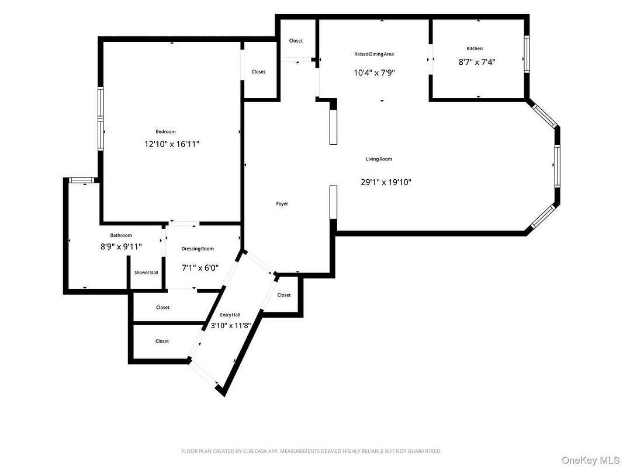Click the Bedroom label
(x=165, y=131)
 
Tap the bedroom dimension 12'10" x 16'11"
(x=172, y=144)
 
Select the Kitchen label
(x=475, y=48)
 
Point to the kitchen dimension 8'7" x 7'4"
(x=477, y=62)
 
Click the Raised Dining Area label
(x=374, y=54)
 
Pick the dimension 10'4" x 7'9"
(x=374, y=73)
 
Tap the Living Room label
(x=379, y=159)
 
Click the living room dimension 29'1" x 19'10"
(x=386, y=182)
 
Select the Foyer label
(x=282, y=204)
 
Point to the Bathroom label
(x=121, y=235)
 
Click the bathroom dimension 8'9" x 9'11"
(x=121, y=247)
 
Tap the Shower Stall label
(x=146, y=273)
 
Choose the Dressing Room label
(x=198, y=249)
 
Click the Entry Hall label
(x=230, y=315)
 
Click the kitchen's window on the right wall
(x=527, y=54)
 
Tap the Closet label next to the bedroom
(x=258, y=72)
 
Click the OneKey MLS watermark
(x=591, y=460)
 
